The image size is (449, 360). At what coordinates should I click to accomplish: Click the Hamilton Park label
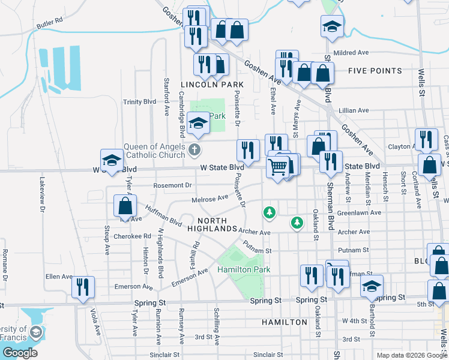244,269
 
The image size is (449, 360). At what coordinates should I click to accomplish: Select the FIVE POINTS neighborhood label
375,71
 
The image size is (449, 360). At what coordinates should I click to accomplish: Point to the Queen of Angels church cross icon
194,149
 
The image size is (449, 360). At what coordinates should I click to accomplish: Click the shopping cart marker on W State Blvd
278,167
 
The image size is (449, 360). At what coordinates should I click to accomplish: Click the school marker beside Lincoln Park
197,123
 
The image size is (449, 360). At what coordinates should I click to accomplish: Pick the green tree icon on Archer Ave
296,223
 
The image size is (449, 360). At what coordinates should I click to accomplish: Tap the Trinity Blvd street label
139,102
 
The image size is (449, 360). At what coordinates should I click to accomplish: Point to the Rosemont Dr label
172,185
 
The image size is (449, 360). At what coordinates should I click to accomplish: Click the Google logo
20,353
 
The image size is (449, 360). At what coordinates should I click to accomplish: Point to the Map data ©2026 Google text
411,355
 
